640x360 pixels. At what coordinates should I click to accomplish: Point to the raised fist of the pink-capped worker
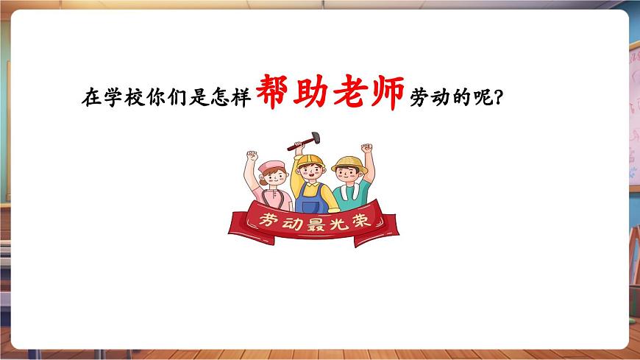coord(252,156)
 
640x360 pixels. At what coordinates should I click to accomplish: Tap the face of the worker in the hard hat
coord(309,174)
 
